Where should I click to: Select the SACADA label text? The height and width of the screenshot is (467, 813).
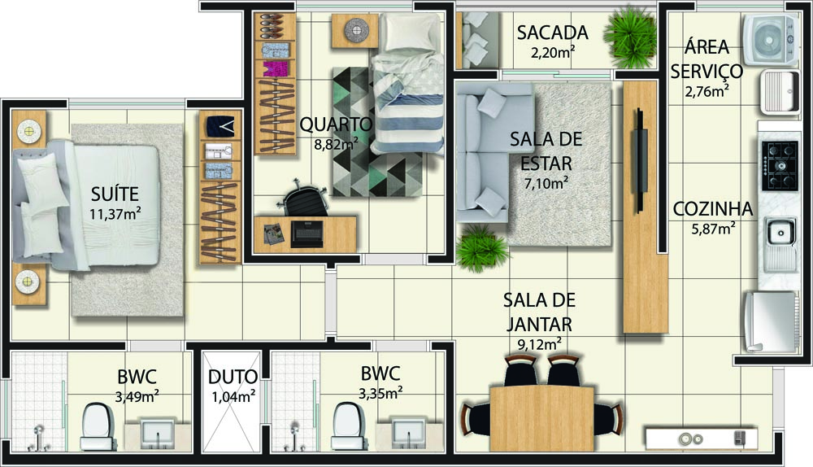(x=552, y=33)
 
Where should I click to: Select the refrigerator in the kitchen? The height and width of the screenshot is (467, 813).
(x=768, y=321)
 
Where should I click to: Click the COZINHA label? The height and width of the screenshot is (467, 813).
(x=712, y=209)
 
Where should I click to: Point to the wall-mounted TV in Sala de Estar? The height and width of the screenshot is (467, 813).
(x=641, y=159)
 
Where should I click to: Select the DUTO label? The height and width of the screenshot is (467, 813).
(x=233, y=377)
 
